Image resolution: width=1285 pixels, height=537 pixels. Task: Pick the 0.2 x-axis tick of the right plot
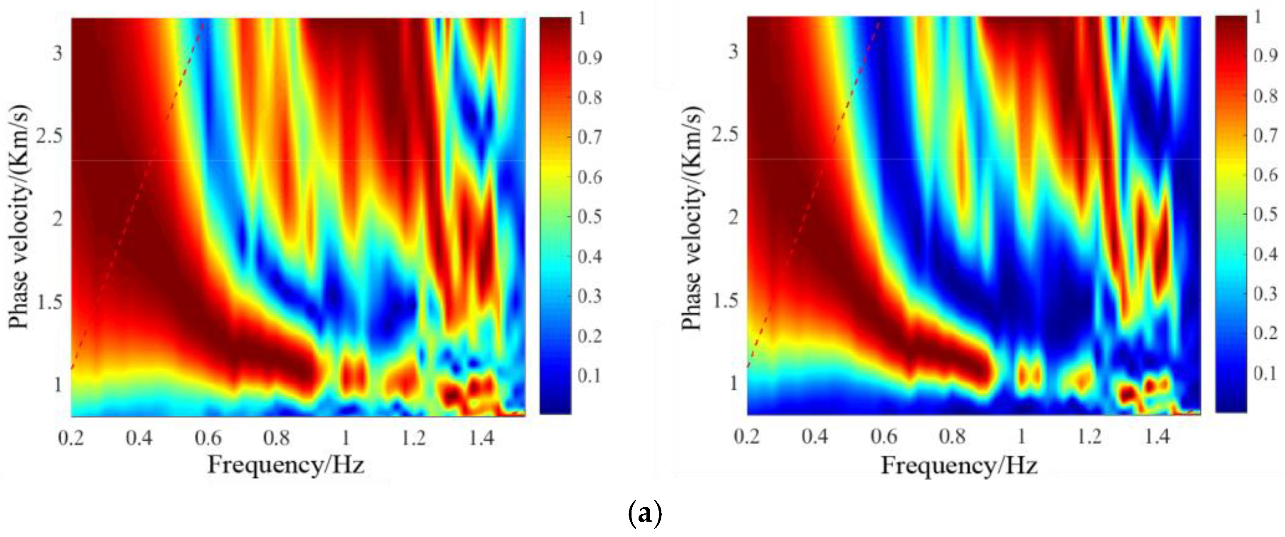(x=747, y=437)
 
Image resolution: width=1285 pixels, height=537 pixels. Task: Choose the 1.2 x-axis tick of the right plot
(x=1089, y=437)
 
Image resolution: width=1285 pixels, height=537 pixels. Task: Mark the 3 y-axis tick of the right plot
(x=733, y=51)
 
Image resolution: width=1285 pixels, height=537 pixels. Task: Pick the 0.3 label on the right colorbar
(x=1266, y=294)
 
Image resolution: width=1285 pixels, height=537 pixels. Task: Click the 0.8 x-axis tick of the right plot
(x=952, y=437)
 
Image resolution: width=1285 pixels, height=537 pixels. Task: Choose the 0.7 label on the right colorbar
(x=1266, y=135)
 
